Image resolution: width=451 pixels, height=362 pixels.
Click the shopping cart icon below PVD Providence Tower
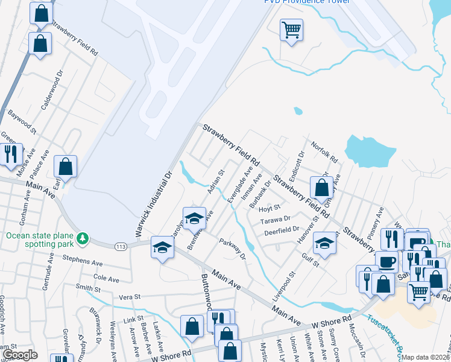click(x=291, y=29)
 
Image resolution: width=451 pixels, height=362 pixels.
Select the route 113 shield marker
click(x=119, y=246)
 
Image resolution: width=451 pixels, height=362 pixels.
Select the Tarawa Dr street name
click(x=276, y=220)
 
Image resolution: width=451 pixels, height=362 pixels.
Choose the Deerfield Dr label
click(x=281, y=230)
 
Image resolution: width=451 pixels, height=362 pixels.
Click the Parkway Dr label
click(x=233, y=249)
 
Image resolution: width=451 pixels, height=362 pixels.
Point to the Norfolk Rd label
click(x=324, y=152)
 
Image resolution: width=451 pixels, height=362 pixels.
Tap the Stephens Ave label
click(x=83, y=262)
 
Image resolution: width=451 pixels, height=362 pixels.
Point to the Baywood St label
click(x=21, y=119)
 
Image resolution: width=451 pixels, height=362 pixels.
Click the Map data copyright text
click(x=426, y=357)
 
